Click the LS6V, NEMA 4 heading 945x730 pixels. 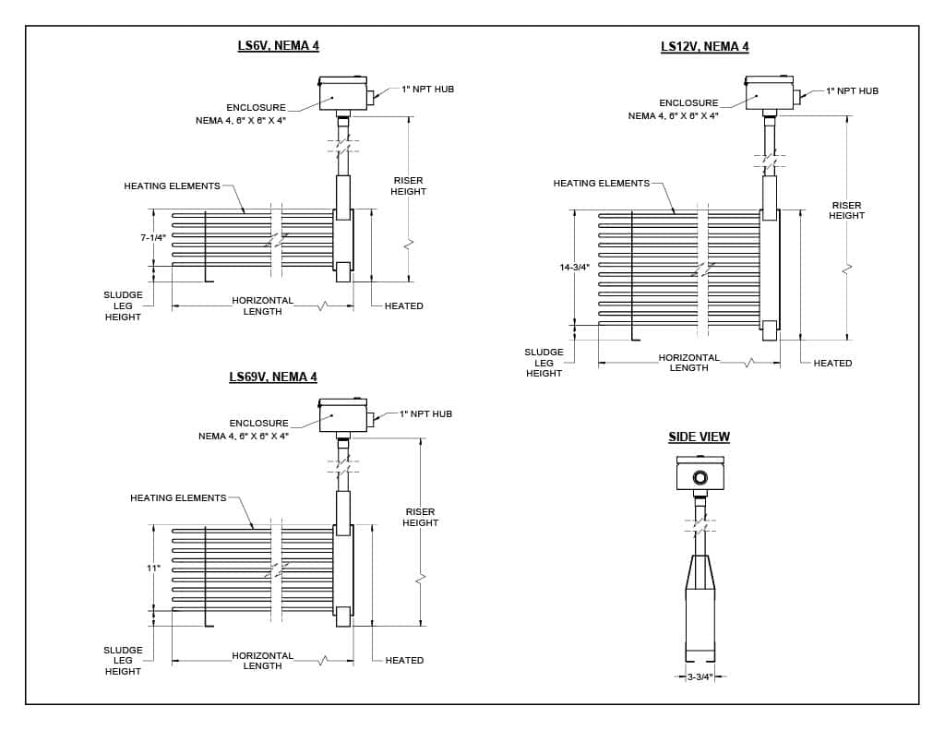278,45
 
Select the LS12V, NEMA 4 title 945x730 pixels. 704,47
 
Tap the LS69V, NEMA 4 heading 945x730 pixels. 272,377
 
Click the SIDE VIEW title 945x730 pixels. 699,437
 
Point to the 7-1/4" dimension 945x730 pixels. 153,237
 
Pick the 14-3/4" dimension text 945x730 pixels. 574,267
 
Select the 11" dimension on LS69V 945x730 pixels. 153,568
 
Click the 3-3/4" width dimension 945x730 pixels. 700,676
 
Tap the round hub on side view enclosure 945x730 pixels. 700,477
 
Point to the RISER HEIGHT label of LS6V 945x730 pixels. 408,185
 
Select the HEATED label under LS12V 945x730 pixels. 832,363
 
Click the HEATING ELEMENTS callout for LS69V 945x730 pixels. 178,497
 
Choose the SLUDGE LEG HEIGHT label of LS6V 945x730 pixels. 123,305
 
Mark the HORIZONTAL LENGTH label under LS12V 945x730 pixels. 688,362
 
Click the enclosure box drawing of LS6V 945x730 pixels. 342,96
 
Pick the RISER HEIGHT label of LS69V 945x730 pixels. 420,517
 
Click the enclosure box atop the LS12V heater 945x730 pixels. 769,95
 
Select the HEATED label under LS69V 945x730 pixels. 404,660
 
